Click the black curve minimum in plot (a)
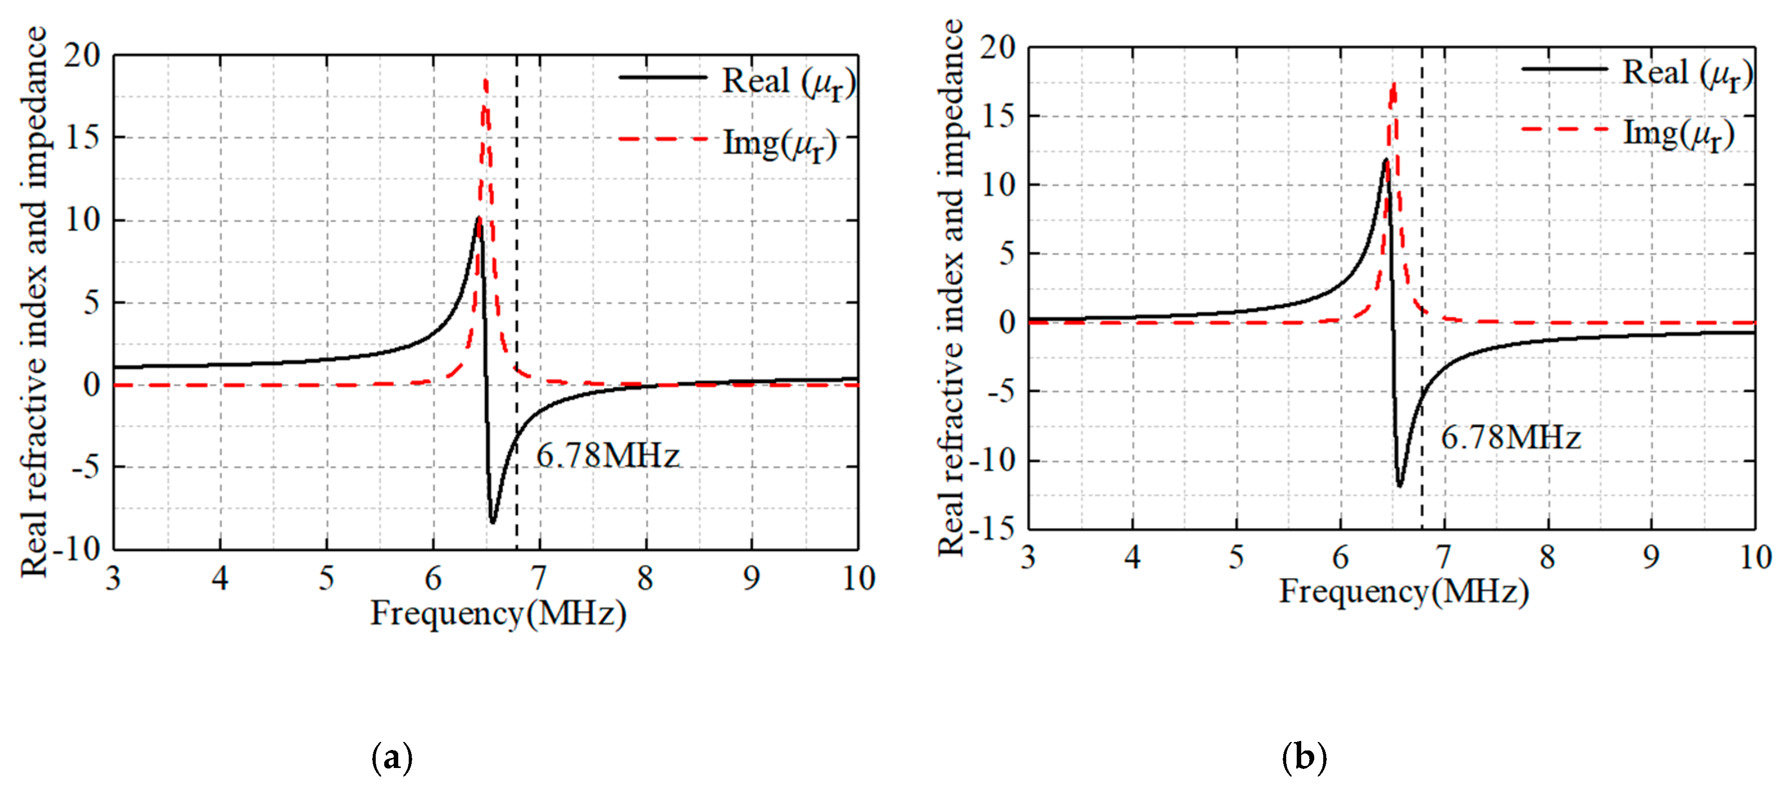point(492,521)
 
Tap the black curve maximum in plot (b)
point(1385,161)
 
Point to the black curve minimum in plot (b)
point(1399,485)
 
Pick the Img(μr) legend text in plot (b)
point(1678,134)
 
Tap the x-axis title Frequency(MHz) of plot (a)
point(498,614)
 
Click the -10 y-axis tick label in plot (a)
point(77,550)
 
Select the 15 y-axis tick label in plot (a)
point(83,137)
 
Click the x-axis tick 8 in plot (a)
point(645,578)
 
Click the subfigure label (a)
point(392,757)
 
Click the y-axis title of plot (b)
point(951,288)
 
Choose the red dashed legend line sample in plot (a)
point(662,139)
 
